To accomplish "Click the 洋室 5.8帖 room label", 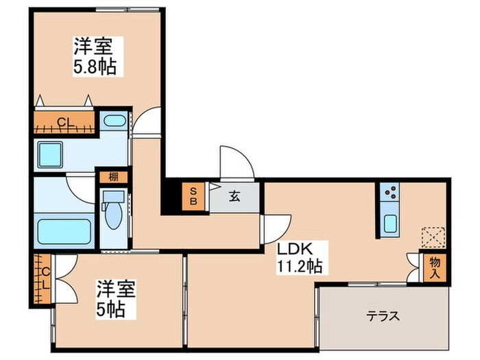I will point(95,56).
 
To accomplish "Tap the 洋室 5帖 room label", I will point(110,299).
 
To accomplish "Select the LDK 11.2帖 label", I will point(300,255).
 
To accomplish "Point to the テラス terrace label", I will point(383,316).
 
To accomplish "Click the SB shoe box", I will point(193,197).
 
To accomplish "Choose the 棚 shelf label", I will point(112,177).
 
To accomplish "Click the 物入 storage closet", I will point(435,266).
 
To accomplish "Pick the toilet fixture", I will point(112,212).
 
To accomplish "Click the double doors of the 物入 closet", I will point(413,267).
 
